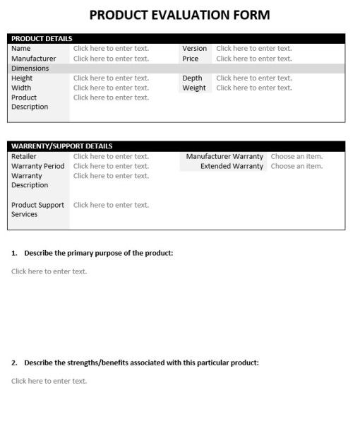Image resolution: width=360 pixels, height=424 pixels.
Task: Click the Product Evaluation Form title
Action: [180, 15]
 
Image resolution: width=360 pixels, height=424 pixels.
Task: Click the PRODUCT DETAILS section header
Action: [42, 38]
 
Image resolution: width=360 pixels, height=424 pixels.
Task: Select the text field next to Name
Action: [111, 49]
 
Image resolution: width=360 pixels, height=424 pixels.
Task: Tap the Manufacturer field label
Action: [33, 59]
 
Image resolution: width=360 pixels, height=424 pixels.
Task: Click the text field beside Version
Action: [253, 49]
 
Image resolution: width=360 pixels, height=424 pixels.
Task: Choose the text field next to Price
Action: [253, 59]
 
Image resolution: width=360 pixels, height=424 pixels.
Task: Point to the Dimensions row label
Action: [30, 69]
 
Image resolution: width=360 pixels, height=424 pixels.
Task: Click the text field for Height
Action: [111, 78]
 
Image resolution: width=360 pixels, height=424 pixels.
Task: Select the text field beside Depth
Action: [253, 78]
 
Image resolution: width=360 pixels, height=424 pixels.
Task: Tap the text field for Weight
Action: [253, 88]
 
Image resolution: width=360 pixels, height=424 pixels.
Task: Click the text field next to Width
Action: [111, 88]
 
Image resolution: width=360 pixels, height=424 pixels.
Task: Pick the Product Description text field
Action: [111, 98]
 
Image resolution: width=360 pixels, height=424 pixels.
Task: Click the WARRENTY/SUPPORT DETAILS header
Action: [61, 146]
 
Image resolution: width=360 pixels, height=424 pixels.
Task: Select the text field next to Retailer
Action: [111, 157]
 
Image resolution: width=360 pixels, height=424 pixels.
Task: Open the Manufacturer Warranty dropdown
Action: [296, 157]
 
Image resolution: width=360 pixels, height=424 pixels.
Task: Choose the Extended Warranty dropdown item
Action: [296, 167]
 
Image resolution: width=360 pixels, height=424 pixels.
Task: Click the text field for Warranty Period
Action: [111, 167]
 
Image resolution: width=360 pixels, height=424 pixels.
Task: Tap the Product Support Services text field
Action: [111, 206]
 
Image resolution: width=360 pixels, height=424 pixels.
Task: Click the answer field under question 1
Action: [49, 271]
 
